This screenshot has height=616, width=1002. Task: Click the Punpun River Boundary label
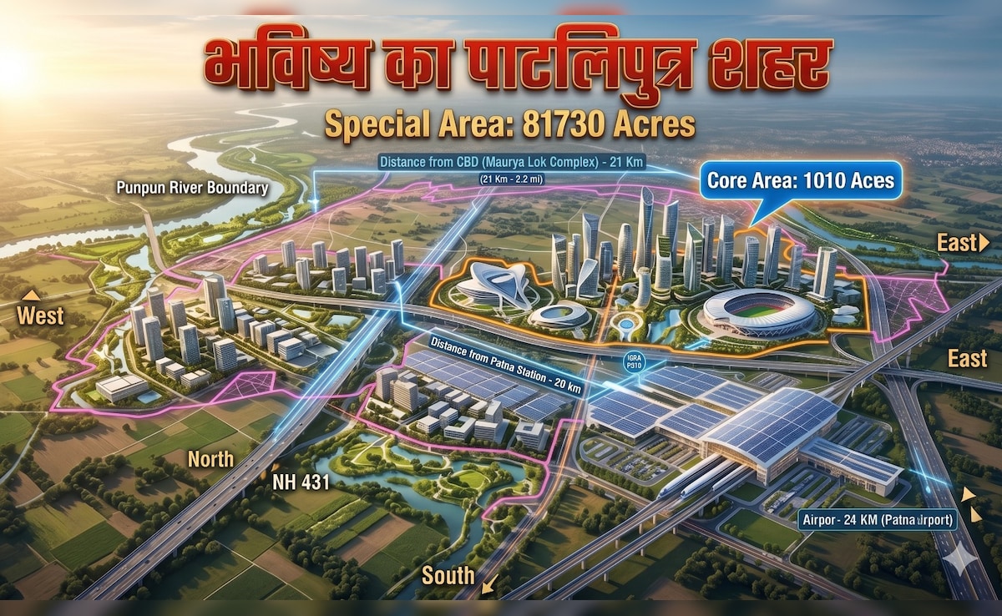tap(192, 188)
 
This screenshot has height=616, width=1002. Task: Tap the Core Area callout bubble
tap(800, 180)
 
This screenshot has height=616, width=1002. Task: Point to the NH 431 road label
tap(302, 482)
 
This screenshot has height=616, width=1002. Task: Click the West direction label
tap(39, 316)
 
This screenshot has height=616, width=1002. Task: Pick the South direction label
tap(448, 575)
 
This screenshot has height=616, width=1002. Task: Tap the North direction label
tap(210, 458)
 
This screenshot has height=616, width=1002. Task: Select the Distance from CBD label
tap(510, 162)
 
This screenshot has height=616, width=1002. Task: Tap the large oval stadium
tap(758, 313)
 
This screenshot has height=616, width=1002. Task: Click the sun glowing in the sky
tap(13, 71)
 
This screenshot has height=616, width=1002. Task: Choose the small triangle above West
tap(32, 295)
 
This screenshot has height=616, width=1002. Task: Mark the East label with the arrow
tap(962, 243)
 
